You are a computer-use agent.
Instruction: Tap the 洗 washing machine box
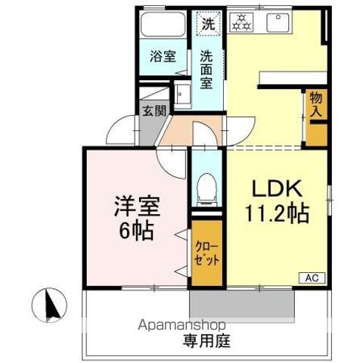[207, 23]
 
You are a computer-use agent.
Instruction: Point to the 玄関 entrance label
[152, 108]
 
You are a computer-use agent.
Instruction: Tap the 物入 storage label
[315, 104]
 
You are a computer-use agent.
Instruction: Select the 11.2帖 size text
[275, 214]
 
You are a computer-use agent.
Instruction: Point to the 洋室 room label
[134, 205]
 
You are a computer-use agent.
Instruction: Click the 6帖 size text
[135, 230]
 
